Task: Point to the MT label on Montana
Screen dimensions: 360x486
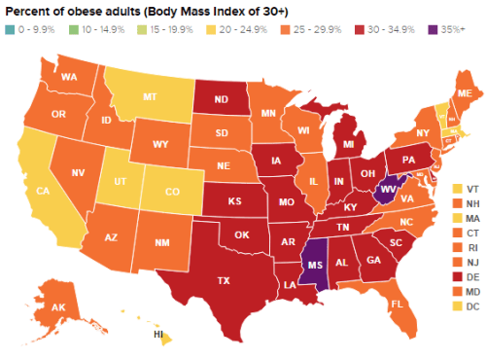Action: click(151, 98)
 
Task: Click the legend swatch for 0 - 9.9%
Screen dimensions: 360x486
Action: click(9, 28)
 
